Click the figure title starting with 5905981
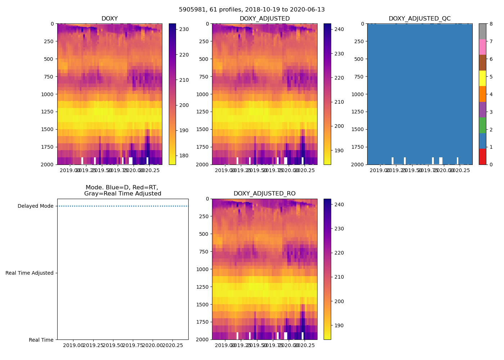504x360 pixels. (x=252, y=10)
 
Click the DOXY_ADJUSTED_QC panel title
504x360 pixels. (x=419, y=19)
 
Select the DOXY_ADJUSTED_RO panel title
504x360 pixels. (x=264, y=194)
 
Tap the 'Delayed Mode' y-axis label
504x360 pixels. (x=35, y=206)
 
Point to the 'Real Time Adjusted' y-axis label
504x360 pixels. (x=30, y=273)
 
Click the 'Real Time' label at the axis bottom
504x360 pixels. (x=41, y=340)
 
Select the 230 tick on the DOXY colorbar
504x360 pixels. (x=184, y=29)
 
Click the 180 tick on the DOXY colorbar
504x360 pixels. (x=184, y=156)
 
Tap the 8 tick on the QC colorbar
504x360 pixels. (x=491, y=24)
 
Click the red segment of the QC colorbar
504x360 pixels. (x=482, y=157)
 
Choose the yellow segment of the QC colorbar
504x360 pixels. (x=482, y=78)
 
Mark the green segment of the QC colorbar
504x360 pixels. (x=482, y=125)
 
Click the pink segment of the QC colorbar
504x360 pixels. (x=482, y=47)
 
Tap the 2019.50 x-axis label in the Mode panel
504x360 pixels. (x=113, y=346)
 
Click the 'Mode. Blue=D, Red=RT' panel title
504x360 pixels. (x=122, y=190)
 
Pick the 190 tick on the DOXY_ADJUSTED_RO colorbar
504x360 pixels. (x=339, y=326)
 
